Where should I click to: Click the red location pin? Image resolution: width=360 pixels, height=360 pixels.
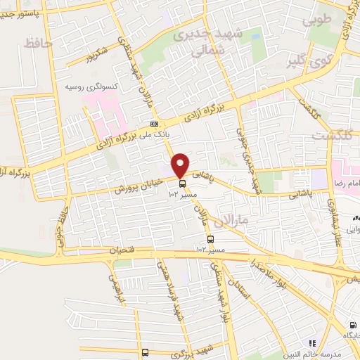coord(181,165)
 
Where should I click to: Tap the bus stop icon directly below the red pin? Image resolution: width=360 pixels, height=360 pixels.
coord(183,184)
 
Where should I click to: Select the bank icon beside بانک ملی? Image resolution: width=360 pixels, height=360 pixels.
coord(154,124)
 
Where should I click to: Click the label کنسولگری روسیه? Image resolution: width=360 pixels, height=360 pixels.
coord(91,86)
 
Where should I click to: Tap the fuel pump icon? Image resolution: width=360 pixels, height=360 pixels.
coord(352,326)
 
